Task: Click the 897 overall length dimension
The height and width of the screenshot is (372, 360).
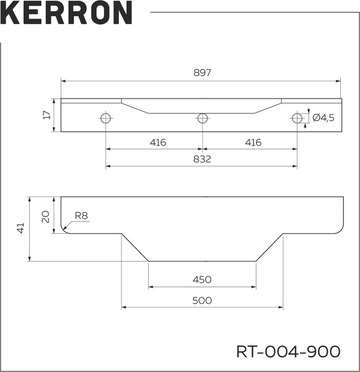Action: click(x=202, y=73)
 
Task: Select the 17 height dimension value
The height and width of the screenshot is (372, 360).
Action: click(x=46, y=115)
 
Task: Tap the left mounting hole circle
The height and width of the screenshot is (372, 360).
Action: click(x=106, y=118)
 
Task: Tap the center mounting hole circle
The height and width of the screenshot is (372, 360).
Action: click(x=202, y=118)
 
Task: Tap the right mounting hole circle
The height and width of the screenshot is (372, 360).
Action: click(x=297, y=118)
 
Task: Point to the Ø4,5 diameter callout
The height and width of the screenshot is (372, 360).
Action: click(x=323, y=118)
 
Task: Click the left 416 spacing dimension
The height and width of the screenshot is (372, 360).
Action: click(x=158, y=143)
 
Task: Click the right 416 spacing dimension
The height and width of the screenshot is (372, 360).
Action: click(x=253, y=143)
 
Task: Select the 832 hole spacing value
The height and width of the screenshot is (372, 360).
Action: click(x=202, y=159)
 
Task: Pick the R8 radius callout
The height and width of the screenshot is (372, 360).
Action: click(x=82, y=216)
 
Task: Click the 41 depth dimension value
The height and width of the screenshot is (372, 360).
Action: click(x=20, y=228)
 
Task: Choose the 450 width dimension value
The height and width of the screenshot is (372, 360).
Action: click(x=202, y=280)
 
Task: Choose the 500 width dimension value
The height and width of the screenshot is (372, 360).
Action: click(x=202, y=300)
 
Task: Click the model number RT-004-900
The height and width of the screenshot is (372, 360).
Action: click(x=288, y=352)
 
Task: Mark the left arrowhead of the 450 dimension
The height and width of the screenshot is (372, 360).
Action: click(x=151, y=287)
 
